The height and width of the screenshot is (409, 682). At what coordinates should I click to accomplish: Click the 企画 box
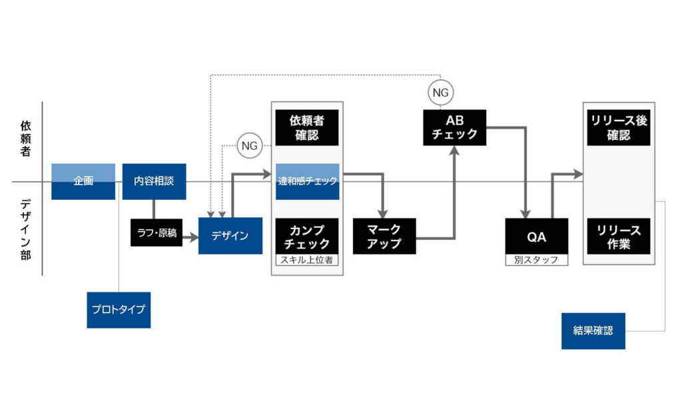[83, 181]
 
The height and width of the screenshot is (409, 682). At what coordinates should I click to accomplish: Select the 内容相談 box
[154, 181]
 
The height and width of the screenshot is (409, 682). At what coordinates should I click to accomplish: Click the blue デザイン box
[230, 235]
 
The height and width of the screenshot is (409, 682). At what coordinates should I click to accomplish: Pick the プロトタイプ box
[119, 310]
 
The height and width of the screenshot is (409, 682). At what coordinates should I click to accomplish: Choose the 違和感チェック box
[307, 181]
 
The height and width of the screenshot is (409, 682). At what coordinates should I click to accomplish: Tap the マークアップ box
[384, 236]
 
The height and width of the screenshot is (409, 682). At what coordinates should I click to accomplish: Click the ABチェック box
[454, 127]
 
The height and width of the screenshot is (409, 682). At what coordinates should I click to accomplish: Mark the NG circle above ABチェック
[441, 93]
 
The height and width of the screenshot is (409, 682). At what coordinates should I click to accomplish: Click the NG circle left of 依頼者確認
[250, 145]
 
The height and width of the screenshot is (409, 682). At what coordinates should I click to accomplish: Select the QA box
[536, 236]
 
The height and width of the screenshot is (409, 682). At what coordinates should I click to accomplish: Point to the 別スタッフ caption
[536, 260]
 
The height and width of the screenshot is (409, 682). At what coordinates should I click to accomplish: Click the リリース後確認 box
[619, 128]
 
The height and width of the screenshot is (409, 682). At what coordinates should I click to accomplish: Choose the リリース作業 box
[619, 236]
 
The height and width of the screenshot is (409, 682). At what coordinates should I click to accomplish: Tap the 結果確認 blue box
[593, 330]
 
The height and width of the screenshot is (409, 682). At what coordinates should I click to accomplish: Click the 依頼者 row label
[25, 139]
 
